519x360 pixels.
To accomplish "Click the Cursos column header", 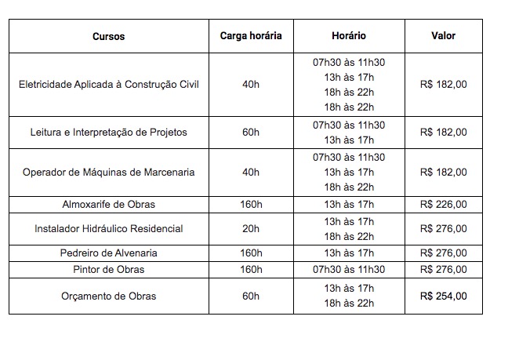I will pyautogui.click(x=108, y=36).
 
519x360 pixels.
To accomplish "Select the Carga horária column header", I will pyautogui.click(x=251, y=36).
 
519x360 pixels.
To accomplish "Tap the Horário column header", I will pyautogui.click(x=349, y=36).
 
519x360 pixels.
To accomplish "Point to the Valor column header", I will pyautogui.click(x=443, y=36).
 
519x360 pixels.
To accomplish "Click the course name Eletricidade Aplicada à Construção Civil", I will pyautogui.click(x=108, y=85).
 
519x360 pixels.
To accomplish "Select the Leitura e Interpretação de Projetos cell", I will pyautogui.click(x=108, y=132).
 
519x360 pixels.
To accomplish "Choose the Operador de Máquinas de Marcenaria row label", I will pyautogui.click(x=108, y=172).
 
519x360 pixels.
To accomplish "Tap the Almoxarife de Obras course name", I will pyautogui.click(x=108, y=205).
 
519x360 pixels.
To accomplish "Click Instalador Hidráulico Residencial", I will pyautogui.click(x=108, y=228).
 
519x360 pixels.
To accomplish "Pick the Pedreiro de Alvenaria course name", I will pyautogui.click(x=108, y=253).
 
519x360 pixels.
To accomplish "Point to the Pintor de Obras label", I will pyautogui.click(x=108, y=269).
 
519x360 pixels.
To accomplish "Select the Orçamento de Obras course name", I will pyautogui.click(x=108, y=296).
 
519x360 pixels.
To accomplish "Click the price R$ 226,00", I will pyautogui.click(x=443, y=205).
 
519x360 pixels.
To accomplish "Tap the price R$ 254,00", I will pyautogui.click(x=443, y=296).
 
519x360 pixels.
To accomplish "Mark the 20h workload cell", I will pyautogui.click(x=251, y=228).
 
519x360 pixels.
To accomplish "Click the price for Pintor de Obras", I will pyautogui.click(x=443, y=269).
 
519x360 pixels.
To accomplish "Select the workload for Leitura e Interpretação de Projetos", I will pyautogui.click(x=251, y=132).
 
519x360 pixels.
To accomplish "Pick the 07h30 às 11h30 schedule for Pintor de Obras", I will pyautogui.click(x=349, y=269).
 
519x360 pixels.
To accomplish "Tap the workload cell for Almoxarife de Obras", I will pyautogui.click(x=251, y=205).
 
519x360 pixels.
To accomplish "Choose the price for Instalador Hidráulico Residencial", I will pyautogui.click(x=443, y=228).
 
